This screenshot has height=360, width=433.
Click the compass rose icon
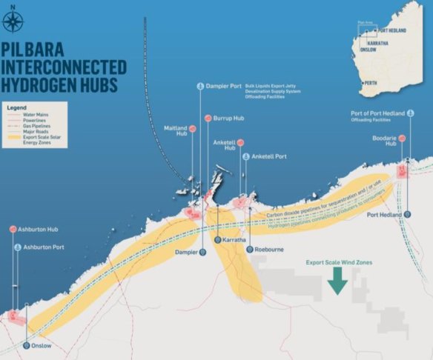[x=13, y=19]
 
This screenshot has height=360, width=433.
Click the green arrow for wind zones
[x=337, y=281]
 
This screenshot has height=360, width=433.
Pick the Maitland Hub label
[x=174, y=132]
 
